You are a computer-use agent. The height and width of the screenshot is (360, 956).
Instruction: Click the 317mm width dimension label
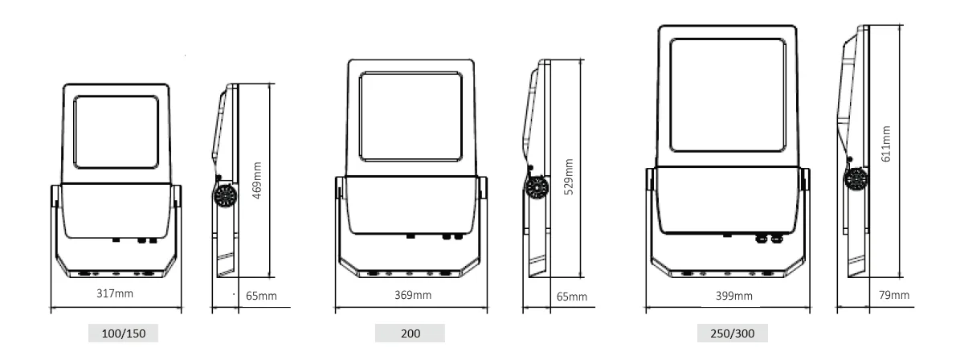pyautogui.click(x=115, y=293)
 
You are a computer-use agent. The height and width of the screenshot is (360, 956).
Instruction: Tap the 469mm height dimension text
pyautogui.click(x=257, y=180)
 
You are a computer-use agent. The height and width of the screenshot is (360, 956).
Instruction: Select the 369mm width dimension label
pyautogui.click(x=413, y=296)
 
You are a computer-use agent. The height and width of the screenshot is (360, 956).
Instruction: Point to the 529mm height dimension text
pyautogui.click(x=568, y=176)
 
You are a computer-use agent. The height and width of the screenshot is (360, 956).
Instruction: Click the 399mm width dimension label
pyautogui.click(x=734, y=296)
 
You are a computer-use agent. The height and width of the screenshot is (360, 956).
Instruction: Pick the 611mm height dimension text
pyautogui.click(x=886, y=144)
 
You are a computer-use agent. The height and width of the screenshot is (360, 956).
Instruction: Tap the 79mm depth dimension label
pyautogui.click(x=894, y=296)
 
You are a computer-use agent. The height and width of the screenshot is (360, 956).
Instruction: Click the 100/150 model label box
pyautogui.click(x=123, y=333)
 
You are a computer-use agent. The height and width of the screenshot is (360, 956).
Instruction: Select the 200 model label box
pyautogui.click(x=410, y=333)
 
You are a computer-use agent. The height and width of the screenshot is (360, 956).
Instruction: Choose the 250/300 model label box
pyautogui.click(x=732, y=333)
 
